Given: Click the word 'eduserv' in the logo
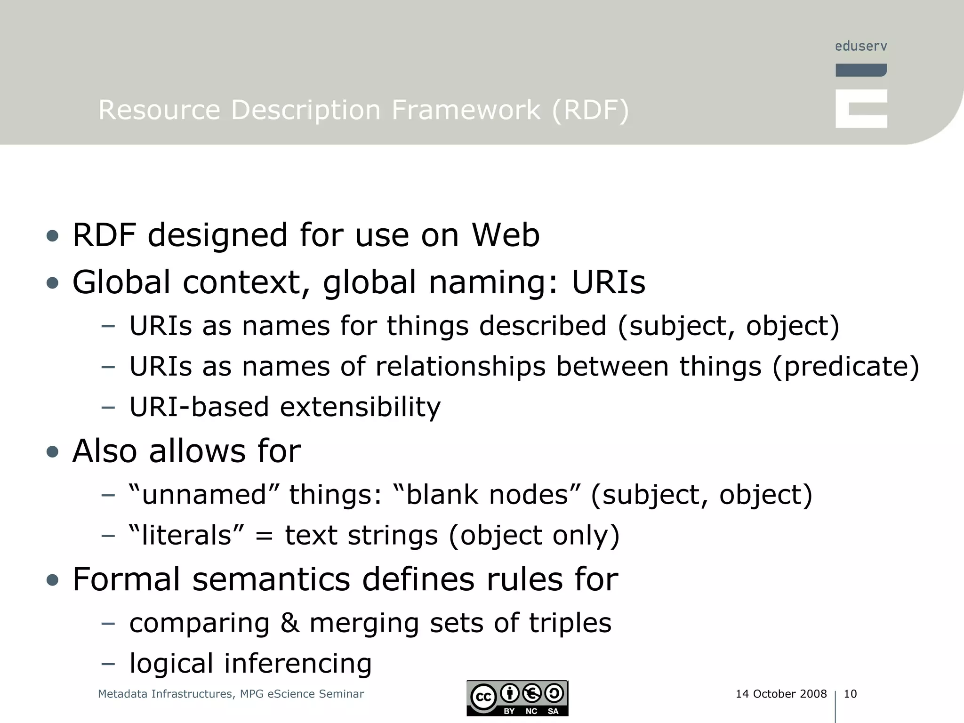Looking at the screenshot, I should tap(861, 46).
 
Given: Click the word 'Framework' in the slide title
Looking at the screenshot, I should tap(466, 110).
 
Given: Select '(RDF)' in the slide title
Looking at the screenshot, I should tap(590, 110).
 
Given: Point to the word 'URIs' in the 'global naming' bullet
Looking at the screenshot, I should tap(608, 282).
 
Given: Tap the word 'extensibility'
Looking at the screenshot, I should tap(360, 407).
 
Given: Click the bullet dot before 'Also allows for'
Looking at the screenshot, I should tap(53, 452).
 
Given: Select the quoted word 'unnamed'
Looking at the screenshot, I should tap(204, 495).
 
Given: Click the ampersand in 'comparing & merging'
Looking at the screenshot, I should tap(290, 623).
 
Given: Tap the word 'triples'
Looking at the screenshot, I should tap(570, 623).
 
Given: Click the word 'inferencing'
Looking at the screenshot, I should tap(298, 663).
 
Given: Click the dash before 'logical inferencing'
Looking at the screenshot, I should tap(108, 664).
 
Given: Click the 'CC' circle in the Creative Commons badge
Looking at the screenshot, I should tap(483, 697).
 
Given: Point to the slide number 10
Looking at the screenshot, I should tap(850, 694).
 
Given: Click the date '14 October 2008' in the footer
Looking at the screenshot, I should tap(781, 694).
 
